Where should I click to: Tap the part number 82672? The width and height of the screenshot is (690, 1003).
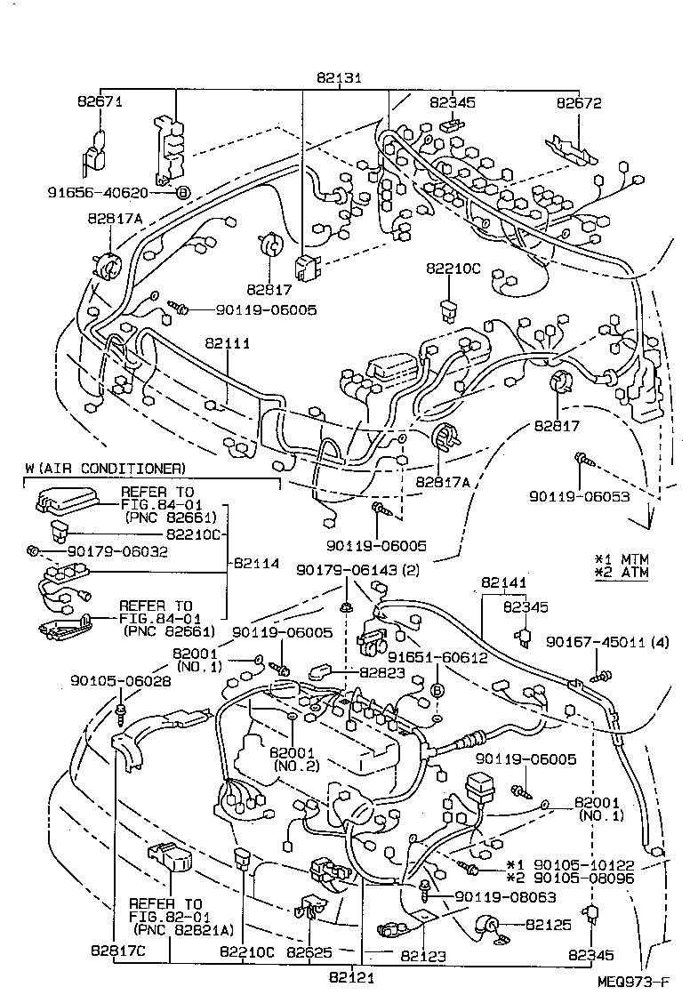[579, 103]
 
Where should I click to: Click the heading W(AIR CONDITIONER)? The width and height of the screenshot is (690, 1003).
[105, 468]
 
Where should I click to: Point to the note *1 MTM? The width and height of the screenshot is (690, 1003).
[622, 558]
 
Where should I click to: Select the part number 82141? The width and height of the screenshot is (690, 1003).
[505, 583]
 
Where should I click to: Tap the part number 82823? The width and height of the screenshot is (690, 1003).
[382, 672]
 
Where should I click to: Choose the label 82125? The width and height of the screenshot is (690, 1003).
[548, 925]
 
